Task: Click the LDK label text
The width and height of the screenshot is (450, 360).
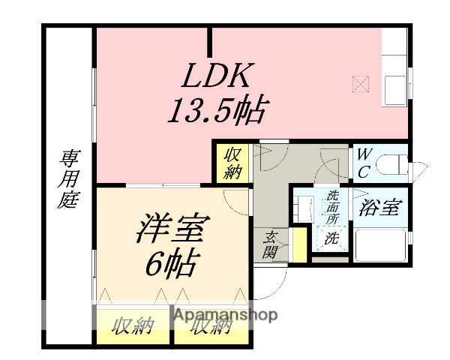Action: tap(218, 77)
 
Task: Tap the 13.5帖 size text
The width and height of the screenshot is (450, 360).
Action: tap(217, 112)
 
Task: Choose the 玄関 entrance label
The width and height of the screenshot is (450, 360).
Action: tap(271, 245)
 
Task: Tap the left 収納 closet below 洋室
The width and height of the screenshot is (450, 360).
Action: tap(133, 326)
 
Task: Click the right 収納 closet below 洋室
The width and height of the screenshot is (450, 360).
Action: tap(210, 328)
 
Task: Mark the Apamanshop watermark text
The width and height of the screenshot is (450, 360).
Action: tap(226, 314)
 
